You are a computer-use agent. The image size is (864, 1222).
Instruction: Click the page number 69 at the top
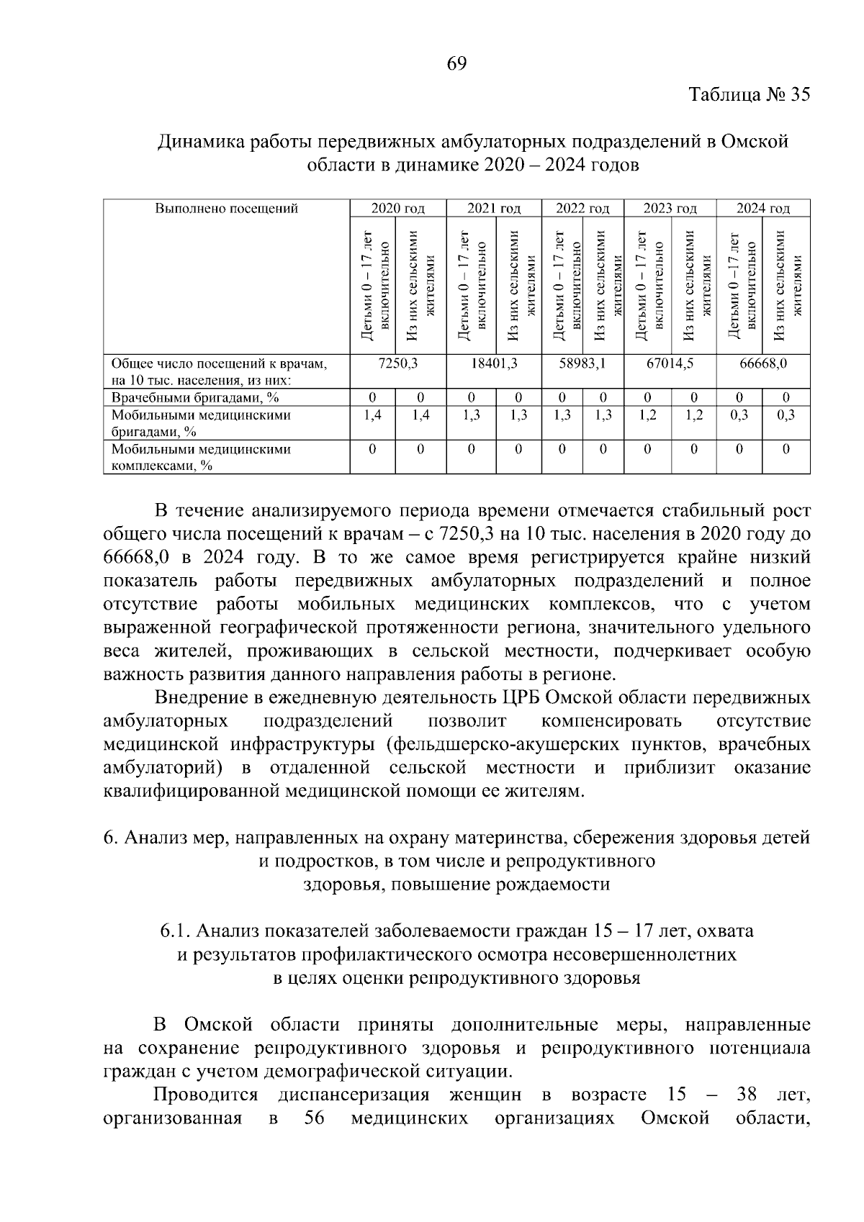(457, 63)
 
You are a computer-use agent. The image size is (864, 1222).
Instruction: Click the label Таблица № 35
(749, 95)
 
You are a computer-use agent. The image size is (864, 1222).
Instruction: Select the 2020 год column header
(397, 209)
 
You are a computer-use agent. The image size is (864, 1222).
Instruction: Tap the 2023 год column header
(670, 209)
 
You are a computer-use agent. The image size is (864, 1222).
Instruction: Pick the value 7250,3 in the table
(397, 364)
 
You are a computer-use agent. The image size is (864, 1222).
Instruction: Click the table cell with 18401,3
(493, 364)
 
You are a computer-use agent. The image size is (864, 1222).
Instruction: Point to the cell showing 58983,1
(582, 364)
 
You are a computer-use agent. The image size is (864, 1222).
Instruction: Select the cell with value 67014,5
(670, 364)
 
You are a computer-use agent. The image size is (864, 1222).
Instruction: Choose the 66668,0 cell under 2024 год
(762, 364)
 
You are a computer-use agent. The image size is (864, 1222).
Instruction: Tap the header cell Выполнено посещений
(226, 209)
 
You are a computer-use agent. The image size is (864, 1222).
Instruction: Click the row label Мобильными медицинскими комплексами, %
(201, 457)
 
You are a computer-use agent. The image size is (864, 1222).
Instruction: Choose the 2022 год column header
(582, 209)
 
